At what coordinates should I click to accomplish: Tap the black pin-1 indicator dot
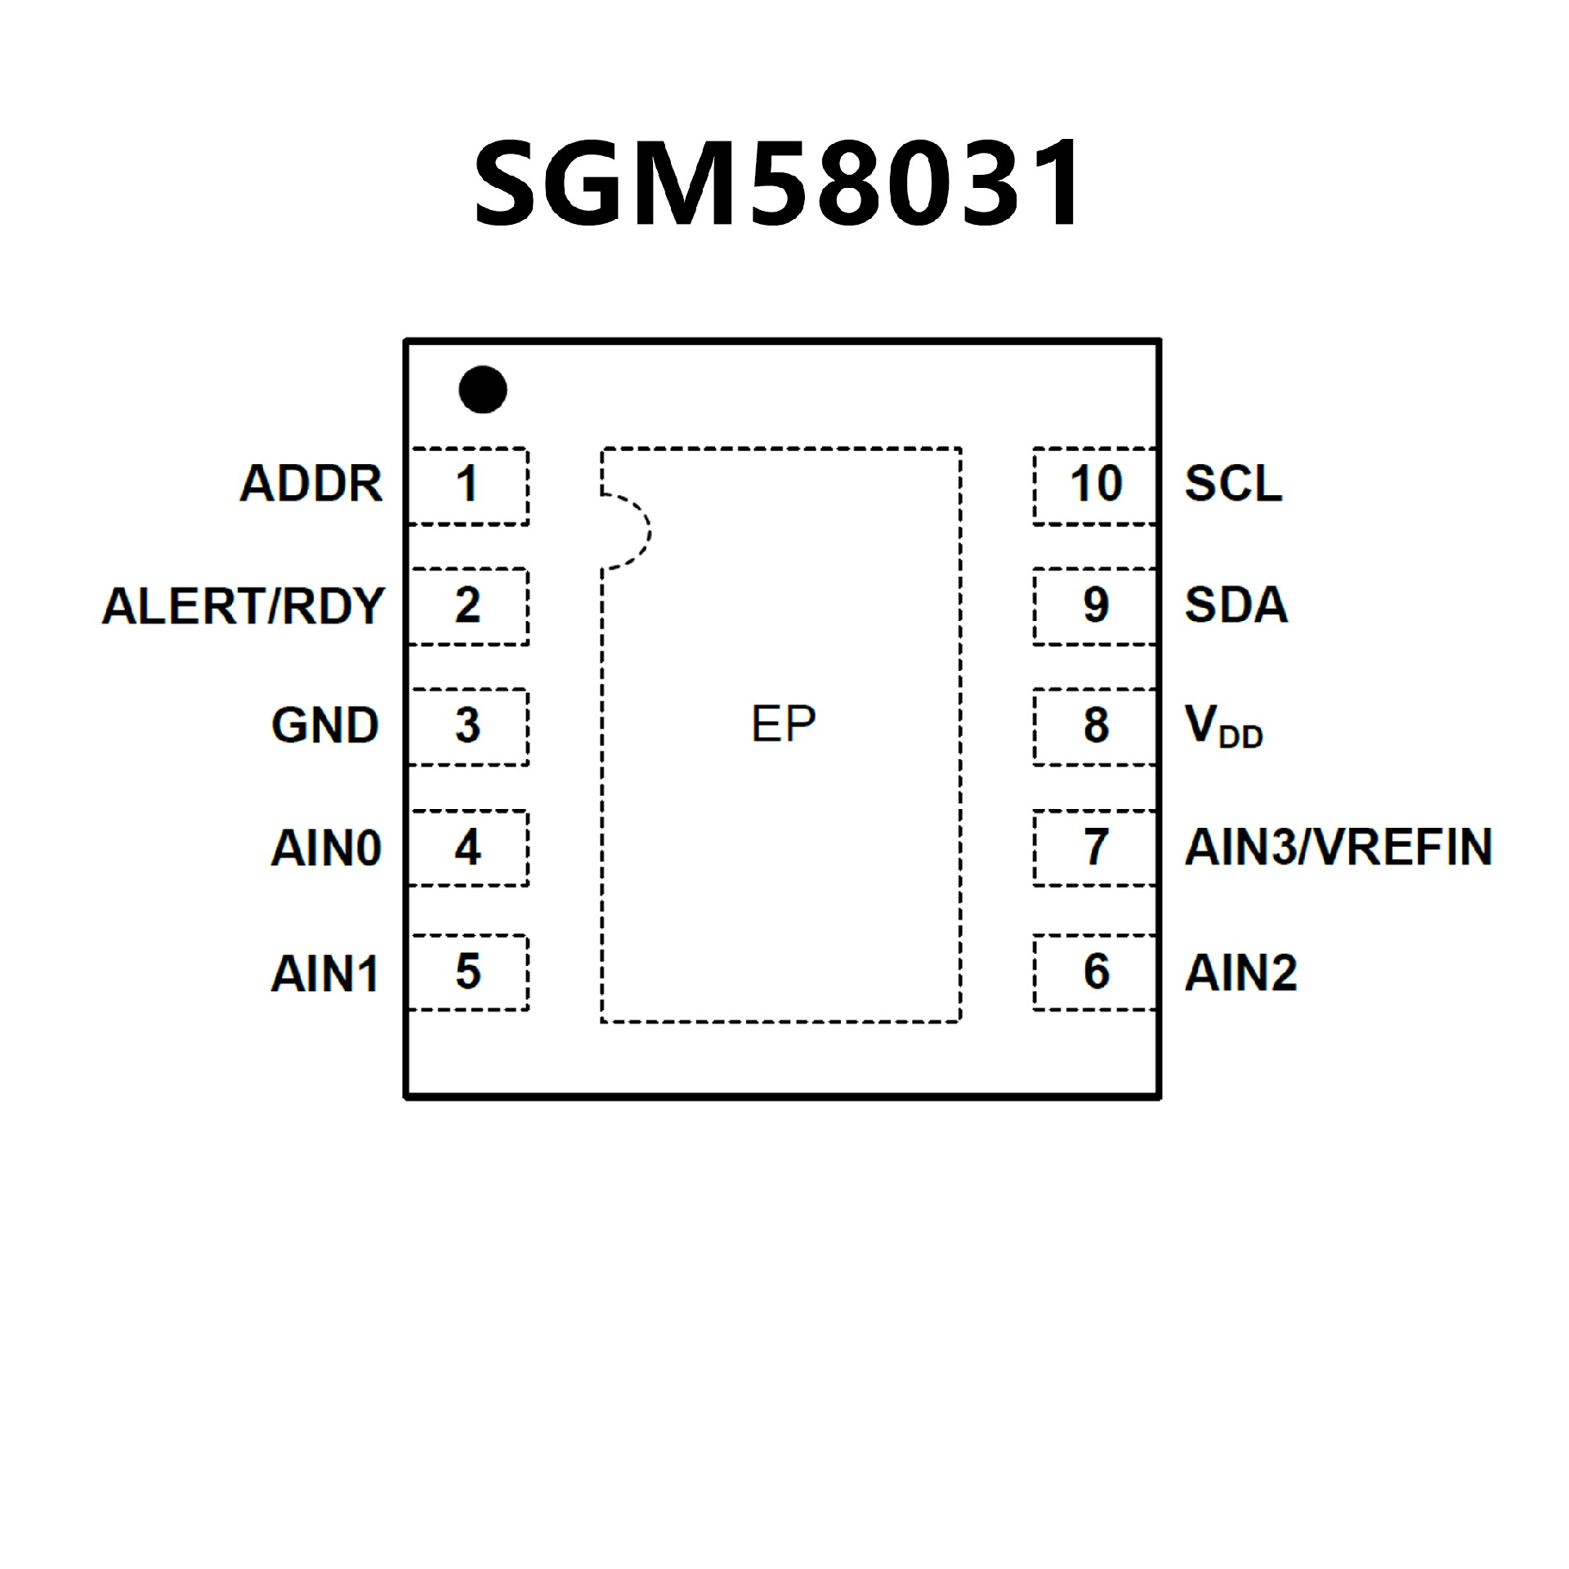click(482, 389)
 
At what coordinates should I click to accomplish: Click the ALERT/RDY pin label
click(243, 606)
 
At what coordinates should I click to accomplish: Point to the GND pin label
click(325, 725)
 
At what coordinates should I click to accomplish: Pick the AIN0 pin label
click(326, 847)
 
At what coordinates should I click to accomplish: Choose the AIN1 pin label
click(325, 973)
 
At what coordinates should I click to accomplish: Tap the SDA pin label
click(1236, 605)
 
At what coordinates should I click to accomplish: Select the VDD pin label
click(1223, 726)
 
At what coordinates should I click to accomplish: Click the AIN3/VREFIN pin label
click(1339, 847)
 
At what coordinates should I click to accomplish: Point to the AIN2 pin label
click(1240, 972)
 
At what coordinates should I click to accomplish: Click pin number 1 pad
click(468, 485)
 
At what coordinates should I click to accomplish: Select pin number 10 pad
click(1095, 485)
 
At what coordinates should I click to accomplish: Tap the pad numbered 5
click(468, 972)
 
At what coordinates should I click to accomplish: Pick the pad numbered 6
click(1095, 972)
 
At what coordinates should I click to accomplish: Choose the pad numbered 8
click(1095, 726)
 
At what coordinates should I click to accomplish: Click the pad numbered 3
click(468, 726)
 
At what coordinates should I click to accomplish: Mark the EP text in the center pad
click(783, 724)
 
